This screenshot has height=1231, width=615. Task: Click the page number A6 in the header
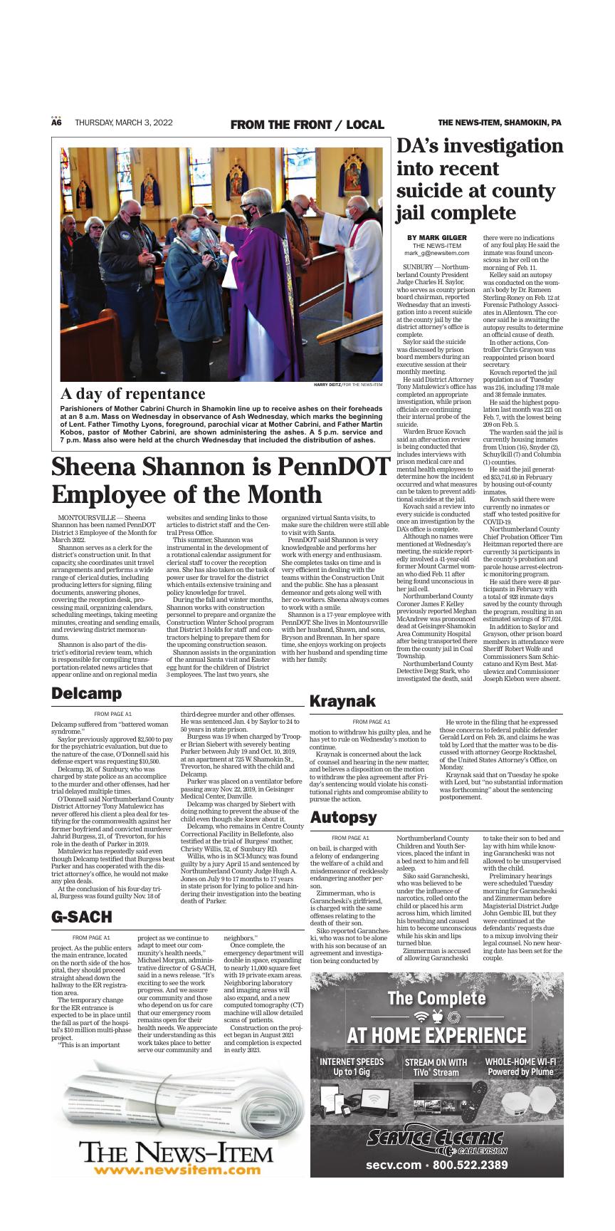57,123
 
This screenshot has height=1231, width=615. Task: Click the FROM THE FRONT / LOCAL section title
307,125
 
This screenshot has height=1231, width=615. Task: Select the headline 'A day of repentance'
132,393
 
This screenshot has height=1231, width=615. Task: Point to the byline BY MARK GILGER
436,237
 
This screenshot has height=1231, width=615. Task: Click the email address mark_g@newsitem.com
436,252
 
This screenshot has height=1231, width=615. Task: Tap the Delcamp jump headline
86,693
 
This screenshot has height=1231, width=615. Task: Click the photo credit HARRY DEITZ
327,385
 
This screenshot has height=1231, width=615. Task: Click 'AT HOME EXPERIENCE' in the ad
436,1034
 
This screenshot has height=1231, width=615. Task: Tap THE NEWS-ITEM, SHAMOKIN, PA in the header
499,123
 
